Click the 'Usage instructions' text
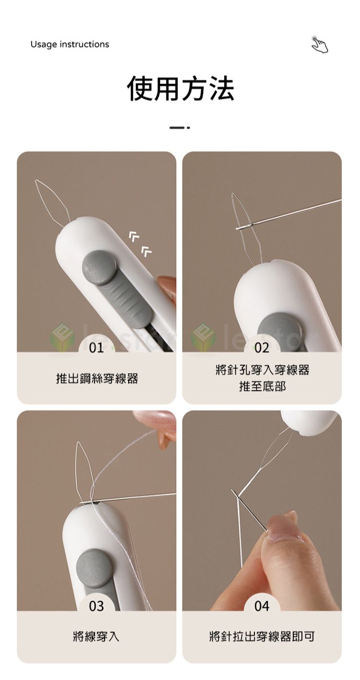(70, 44)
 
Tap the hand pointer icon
(320, 45)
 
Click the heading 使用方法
(180, 89)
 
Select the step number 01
(96, 348)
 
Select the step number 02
(262, 348)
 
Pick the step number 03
(96, 606)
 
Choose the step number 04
(262, 606)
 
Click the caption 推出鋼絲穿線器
(97, 378)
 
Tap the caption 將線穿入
(96, 637)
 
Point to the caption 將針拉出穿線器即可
(262, 637)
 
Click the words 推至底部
(262, 386)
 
